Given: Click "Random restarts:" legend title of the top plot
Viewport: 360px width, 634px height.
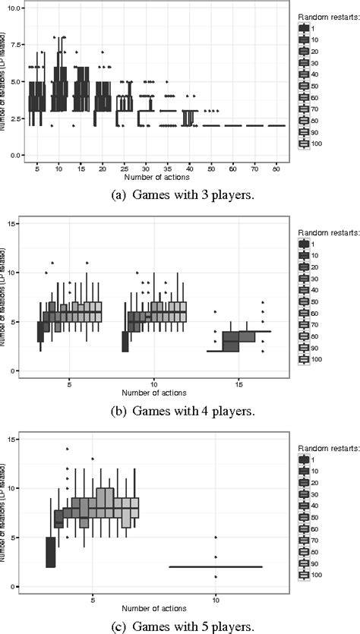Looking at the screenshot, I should coord(320,16).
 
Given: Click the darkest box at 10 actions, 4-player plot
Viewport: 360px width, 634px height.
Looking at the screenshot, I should coord(125,342).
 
